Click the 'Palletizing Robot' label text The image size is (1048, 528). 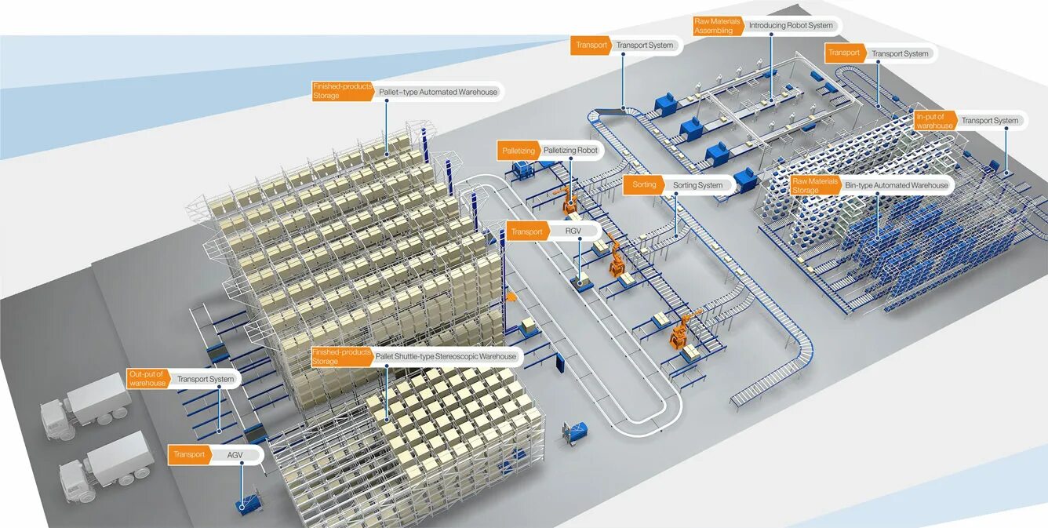[570, 150]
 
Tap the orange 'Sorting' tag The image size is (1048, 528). [644, 185]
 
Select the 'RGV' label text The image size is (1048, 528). [573, 231]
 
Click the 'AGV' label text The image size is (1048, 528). [235, 454]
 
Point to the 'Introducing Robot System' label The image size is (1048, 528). [791, 26]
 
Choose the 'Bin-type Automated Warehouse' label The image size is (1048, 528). [896, 186]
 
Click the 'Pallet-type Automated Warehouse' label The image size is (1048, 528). [438, 92]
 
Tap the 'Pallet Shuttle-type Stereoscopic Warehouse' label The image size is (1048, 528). [446, 356]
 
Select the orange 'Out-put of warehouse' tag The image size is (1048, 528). [147, 379]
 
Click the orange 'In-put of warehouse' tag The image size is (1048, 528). [934, 121]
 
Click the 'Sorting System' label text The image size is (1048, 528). [697, 185]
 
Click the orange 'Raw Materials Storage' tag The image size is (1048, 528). [814, 186]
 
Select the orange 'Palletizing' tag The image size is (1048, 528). [519, 150]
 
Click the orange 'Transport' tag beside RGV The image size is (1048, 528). [527, 231]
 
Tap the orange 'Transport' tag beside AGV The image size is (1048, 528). [189, 454]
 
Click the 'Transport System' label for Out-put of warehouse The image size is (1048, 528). [205, 379]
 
